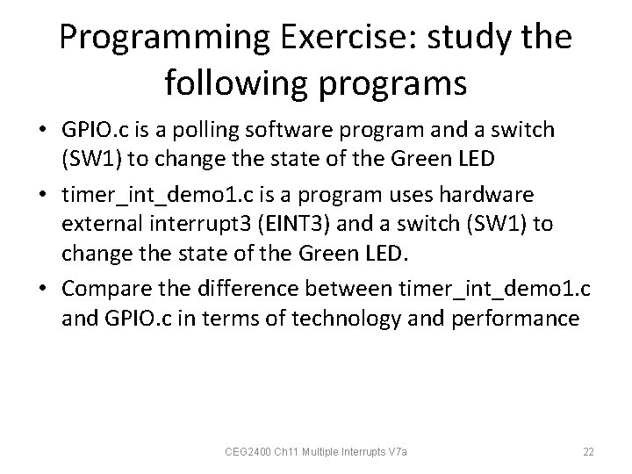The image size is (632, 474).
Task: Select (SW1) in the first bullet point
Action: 90,162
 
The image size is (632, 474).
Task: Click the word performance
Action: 525,317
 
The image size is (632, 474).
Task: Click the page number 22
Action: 589,452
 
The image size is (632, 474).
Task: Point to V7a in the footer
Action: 406,452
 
